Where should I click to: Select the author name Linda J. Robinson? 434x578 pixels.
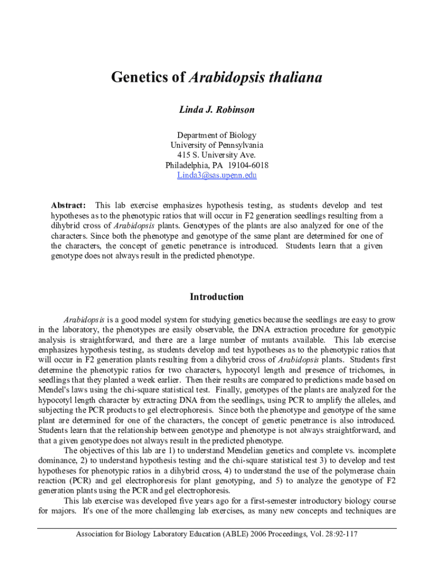[216, 110]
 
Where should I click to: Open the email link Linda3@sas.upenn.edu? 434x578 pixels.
[216, 176]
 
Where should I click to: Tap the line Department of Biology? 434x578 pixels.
[216, 135]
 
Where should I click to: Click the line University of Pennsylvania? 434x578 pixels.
[216, 145]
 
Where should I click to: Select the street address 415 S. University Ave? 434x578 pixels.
[216, 155]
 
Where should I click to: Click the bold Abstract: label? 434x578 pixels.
[68, 205]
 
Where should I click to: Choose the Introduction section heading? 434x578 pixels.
[216, 297]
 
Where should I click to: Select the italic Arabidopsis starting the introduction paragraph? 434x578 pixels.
[83, 319]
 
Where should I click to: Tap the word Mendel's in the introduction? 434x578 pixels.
[55, 390]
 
